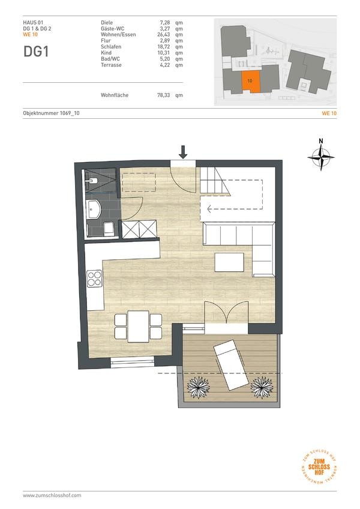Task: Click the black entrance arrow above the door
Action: tap(183, 152)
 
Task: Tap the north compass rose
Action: tap(321, 157)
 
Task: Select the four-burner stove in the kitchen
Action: tap(94, 279)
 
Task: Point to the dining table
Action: tap(138, 327)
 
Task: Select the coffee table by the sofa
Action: tap(229, 262)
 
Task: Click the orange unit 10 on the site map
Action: tap(251, 82)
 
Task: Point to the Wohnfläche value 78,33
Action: tap(164, 95)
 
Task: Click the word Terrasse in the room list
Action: tap(111, 65)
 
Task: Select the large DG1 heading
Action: tap(36, 52)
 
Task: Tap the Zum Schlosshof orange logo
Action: tap(319, 467)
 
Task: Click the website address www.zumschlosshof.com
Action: tap(52, 495)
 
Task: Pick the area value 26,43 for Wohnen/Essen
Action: tap(164, 34)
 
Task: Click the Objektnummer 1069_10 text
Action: tap(51, 113)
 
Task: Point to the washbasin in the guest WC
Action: tap(94, 209)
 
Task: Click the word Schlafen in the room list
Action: tap(111, 47)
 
